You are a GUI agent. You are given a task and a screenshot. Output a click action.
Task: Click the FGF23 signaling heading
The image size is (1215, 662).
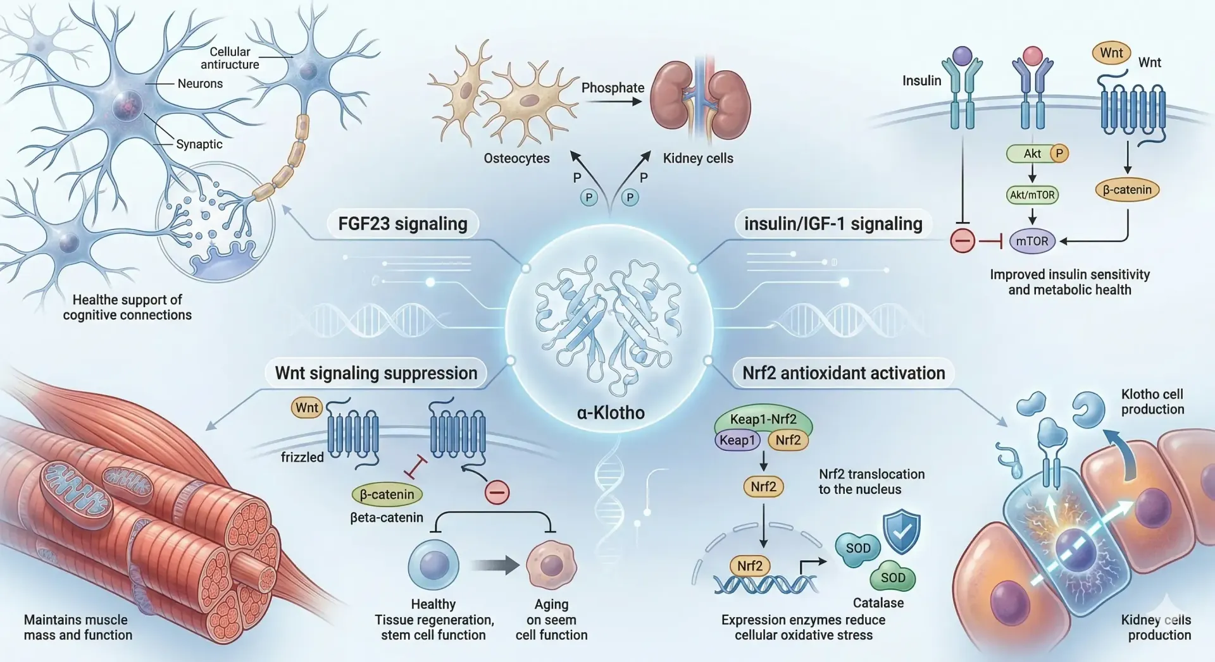[x=402, y=224]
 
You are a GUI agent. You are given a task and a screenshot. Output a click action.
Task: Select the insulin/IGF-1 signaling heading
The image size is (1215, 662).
[x=833, y=224]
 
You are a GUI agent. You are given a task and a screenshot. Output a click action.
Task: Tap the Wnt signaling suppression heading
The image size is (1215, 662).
[x=376, y=373]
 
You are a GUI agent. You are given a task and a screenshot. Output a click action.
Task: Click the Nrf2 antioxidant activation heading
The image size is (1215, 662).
[x=843, y=373]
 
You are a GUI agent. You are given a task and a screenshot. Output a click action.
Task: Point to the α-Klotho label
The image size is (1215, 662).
[x=610, y=413]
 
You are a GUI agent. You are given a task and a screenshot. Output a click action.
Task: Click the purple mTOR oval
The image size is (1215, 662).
[x=1031, y=241]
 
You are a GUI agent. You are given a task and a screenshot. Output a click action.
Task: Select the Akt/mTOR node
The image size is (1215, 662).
[x=1031, y=195]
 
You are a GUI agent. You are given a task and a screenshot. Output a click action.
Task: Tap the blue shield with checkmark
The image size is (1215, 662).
[x=902, y=531]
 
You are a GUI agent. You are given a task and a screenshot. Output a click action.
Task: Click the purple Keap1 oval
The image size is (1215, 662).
[x=737, y=440]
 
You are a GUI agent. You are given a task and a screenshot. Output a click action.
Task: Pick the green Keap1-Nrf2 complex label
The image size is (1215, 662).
[x=763, y=419]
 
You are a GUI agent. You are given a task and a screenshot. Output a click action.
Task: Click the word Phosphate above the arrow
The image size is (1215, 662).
[x=613, y=88]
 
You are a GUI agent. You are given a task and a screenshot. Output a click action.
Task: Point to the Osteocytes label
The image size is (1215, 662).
[x=516, y=158]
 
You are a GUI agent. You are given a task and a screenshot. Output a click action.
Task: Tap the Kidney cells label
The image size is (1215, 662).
[x=698, y=158]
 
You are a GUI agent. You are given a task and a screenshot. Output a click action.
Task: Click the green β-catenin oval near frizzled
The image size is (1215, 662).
[x=387, y=494]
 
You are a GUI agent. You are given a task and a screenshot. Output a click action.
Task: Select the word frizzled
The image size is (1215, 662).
[x=302, y=457]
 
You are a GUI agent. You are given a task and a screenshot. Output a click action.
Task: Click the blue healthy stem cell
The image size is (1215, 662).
[x=433, y=565]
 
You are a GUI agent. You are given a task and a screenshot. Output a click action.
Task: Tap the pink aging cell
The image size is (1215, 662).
[x=551, y=565]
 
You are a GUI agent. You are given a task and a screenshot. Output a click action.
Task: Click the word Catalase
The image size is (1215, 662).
[x=878, y=603]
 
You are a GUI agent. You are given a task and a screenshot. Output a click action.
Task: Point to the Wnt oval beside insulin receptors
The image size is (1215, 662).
[x=1111, y=53]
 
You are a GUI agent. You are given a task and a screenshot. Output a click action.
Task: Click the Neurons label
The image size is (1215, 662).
[x=200, y=83]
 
